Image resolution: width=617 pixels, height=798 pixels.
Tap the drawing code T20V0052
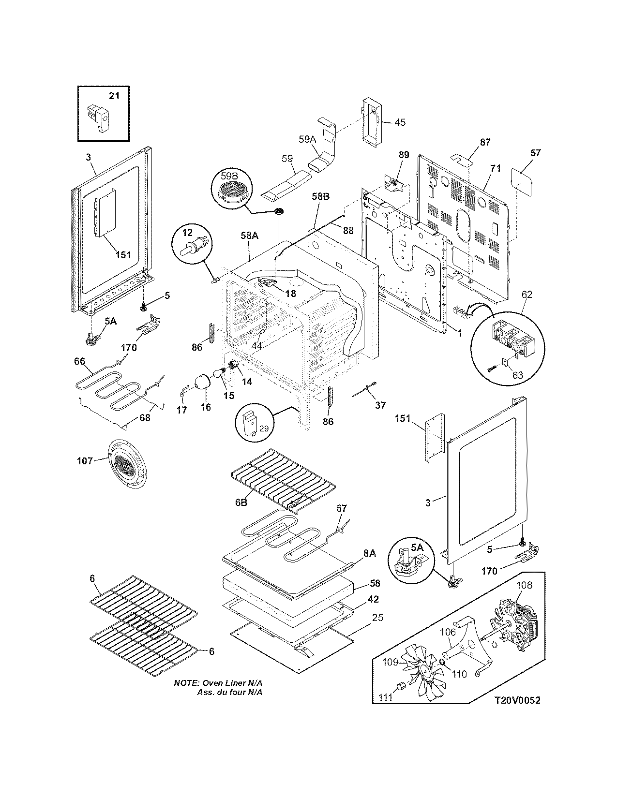517,700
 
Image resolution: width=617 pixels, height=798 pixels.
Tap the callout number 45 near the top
400,122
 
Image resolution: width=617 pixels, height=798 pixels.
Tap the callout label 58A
250,236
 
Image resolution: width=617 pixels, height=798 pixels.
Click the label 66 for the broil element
80,361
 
